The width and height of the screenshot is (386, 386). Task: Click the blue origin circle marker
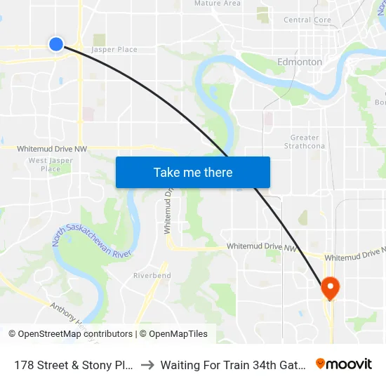click(56, 44)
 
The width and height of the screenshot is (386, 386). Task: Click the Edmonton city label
click(300, 62)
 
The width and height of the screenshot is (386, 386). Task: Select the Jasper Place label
click(114, 50)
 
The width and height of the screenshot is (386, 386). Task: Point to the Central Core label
click(307, 20)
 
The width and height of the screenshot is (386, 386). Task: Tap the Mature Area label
click(217, 4)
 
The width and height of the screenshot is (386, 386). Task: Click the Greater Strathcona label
click(304, 142)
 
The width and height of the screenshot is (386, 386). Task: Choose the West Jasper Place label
click(51, 165)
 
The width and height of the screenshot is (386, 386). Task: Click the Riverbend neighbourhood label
click(152, 276)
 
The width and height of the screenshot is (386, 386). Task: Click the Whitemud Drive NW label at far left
click(52, 149)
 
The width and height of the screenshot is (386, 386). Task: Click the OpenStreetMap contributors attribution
click(75, 334)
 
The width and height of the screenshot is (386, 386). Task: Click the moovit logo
click(344, 364)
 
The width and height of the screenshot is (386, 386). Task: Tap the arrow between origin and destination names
click(147, 365)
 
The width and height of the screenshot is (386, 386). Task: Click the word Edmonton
click(300, 62)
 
